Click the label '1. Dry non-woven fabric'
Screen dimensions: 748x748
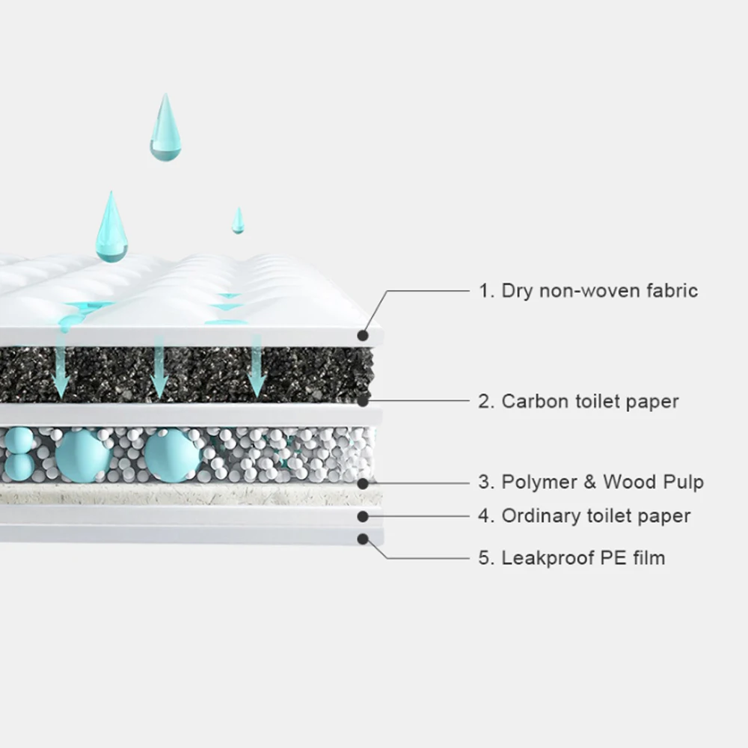[588, 290]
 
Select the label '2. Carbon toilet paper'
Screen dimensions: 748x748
[578, 401]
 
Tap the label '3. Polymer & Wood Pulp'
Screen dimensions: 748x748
[591, 482]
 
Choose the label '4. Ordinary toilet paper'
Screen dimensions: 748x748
[584, 515]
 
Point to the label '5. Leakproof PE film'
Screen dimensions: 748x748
[571, 557]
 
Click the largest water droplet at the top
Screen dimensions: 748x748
[165, 131]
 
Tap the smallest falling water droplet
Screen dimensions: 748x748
[238, 221]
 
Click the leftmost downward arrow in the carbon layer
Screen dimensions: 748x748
[61, 370]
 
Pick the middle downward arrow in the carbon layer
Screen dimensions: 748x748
[159, 370]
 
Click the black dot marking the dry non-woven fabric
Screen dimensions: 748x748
[364, 336]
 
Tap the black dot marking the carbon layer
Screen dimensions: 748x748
[364, 401]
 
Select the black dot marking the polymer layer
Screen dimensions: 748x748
[364, 483]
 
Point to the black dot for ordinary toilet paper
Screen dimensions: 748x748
[364, 515]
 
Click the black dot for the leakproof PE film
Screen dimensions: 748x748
[364, 538]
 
